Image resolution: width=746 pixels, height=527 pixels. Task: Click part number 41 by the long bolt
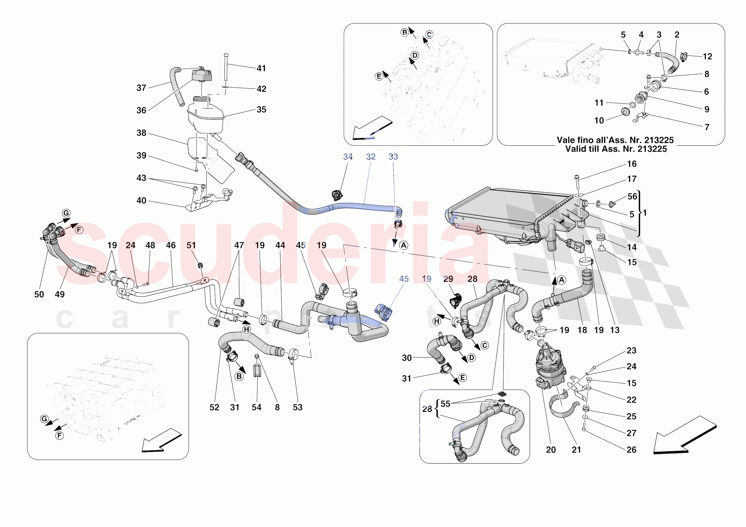click(x=261, y=68)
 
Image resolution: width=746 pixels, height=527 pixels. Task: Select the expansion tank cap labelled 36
click(x=202, y=75)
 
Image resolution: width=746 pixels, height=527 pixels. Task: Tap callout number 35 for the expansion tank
click(x=261, y=110)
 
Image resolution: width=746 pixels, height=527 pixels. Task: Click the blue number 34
click(x=348, y=156)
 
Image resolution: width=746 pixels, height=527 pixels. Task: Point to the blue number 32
click(x=370, y=156)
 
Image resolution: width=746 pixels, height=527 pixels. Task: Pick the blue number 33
click(x=393, y=156)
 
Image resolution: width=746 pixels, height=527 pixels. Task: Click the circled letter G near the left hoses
click(x=66, y=213)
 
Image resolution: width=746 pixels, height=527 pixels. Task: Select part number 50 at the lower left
click(x=39, y=294)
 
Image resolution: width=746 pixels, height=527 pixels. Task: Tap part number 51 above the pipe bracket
click(x=191, y=245)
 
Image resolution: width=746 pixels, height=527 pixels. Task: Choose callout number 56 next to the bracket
click(x=632, y=197)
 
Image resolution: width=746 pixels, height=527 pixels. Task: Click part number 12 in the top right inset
click(x=707, y=56)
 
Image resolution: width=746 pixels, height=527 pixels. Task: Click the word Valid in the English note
click(x=575, y=149)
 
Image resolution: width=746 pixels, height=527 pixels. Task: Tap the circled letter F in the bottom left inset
click(x=59, y=436)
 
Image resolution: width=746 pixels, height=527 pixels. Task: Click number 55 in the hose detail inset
click(x=445, y=404)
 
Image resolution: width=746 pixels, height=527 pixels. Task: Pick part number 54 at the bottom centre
click(x=256, y=407)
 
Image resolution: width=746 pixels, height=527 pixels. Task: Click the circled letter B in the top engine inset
click(x=405, y=32)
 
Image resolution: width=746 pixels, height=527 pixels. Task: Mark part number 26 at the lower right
click(x=631, y=450)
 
